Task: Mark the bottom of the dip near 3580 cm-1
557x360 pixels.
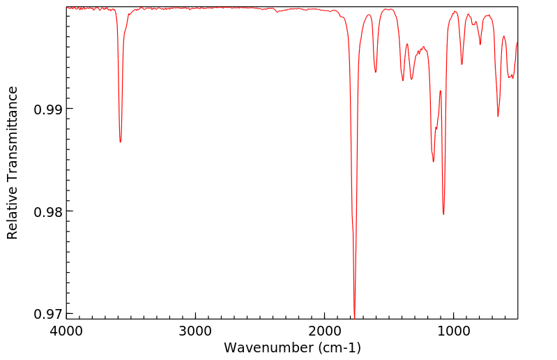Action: coord(121,142)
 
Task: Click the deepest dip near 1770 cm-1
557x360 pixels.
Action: coord(354,317)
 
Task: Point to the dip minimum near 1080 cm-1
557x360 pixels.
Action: coord(443,215)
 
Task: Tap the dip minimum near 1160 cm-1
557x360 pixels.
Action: coord(434,162)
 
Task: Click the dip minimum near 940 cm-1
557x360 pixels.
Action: coord(461,65)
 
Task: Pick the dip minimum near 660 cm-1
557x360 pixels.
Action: coord(498,117)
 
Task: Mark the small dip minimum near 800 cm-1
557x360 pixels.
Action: coord(480,45)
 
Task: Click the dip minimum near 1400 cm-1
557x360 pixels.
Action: coord(403,81)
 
